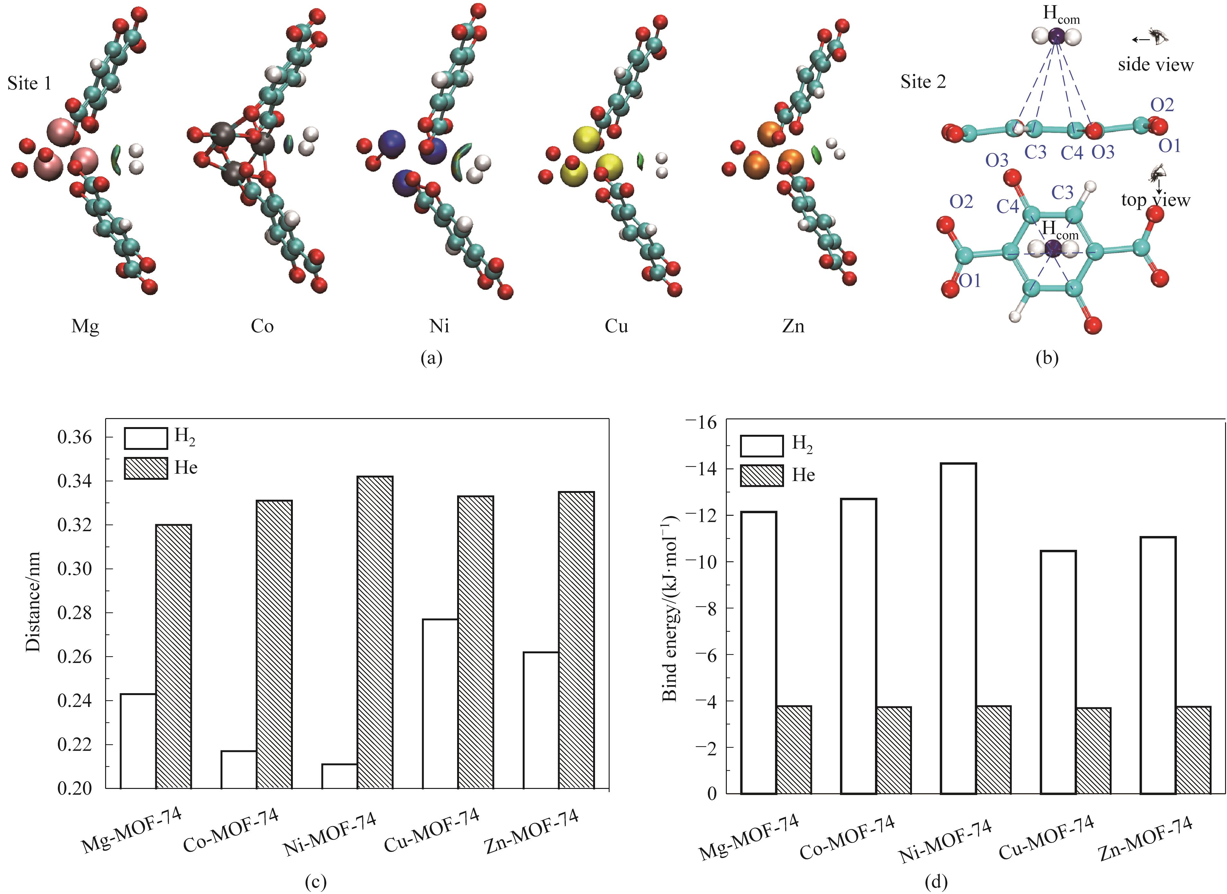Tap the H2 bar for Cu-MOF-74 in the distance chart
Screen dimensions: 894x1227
coord(439,703)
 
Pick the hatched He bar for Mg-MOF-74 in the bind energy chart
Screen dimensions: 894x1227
coord(794,749)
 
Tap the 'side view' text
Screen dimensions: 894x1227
coord(1156,65)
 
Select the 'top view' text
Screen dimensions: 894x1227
coord(1156,200)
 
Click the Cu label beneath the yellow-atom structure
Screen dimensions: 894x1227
coord(617,326)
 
